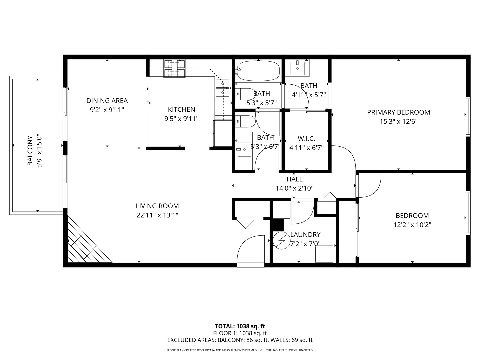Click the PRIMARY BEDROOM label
click(398, 112)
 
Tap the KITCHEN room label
click(181, 109)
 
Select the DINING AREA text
click(107, 101)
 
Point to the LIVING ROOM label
click(157, 206)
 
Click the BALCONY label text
click(30, 151)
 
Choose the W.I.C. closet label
click(306, 139)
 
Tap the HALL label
click(295, 179)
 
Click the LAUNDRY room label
click(305, 235)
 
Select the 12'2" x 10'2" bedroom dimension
click(412, 225)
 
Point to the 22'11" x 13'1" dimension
click(157, 215)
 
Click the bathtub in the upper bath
click(258, 71)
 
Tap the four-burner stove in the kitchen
click(174, 68)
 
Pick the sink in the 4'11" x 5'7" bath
click(297, 68)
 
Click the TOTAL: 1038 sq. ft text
click(240, 326)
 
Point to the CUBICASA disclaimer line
click(240, 350)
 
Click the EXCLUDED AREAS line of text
click(240, 340)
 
